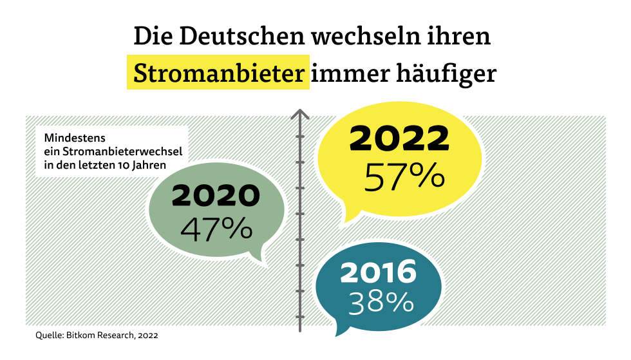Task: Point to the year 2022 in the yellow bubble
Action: (399, 138)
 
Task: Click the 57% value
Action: (404, 175)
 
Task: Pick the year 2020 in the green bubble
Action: (216, 196)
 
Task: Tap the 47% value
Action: (216, 229)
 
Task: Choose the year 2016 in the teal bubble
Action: (379, 272)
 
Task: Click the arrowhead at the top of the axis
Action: (299, 115)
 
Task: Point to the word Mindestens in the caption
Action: (75, 138)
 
